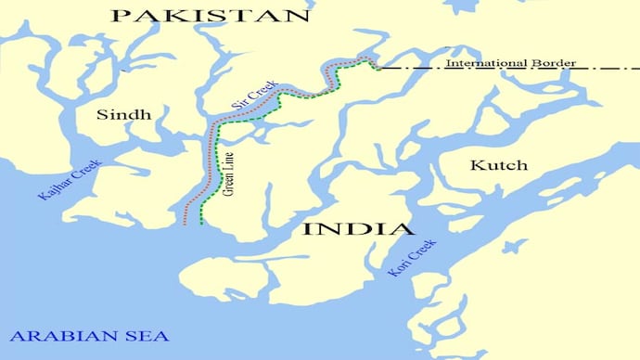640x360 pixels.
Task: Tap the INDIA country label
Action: coord(358,229)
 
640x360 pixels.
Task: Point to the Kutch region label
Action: coord(498,165)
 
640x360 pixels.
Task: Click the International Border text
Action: coord(510,63)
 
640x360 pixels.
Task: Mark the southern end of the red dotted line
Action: coord(186,225)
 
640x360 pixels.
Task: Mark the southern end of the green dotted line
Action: coord(202,223)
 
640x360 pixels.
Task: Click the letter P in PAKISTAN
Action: coord(119,16)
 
